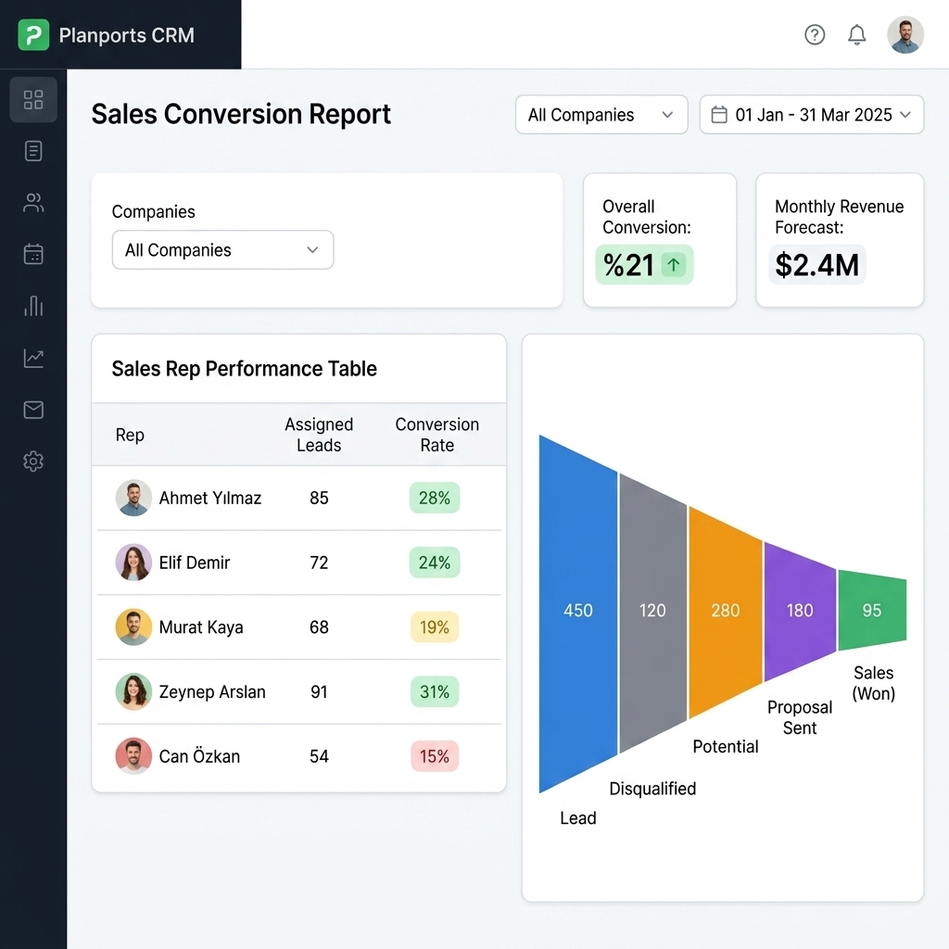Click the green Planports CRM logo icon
pyautogui.click(x=33, y=35)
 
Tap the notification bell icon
pyautogui.click(x=857, y=35)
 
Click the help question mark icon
pyautogui.click(x=815, y=35)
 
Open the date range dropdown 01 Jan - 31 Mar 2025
pyautogui.click(x=811, y=115)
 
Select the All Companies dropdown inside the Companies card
pyautogui.click(x=222, y=250)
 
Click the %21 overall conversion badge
pyautogui.click(x=644, y=265)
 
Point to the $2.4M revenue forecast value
pyautogui.click(x=817, y=265)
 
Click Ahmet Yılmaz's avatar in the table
pyautogui.click(x=133, y=498)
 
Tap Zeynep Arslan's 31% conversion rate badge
pyautogui.click(x=434, y=691)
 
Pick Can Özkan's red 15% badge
pyautogui.click(x=434, y=756)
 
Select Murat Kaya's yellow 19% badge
pyautogui.click(x=434, y=627)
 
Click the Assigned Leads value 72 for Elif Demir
pyautogui.click(x=319, y=563)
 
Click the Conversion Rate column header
pyautogui.click(x=437, y=435)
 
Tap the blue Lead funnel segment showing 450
pyautogui.click(x=578, y=611)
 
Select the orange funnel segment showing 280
pyautogui.click(x=725, y=611)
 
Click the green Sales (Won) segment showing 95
pyautogui.click(x=871, y=611)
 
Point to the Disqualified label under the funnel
pyautogui.click(x=652, y=789)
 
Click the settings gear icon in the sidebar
pyautogui.click(x=33, y=462)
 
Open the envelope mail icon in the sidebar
pyautogui.click(x=33, y=410)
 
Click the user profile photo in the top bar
pyautogui.click(x=905, y=35)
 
